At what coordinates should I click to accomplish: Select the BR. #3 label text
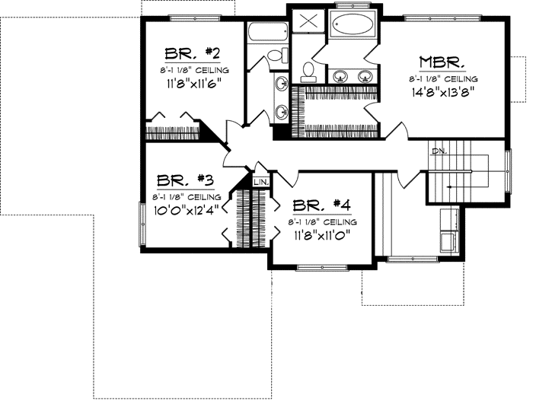tap(185, 181)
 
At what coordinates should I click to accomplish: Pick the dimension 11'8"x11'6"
tap(192, 86)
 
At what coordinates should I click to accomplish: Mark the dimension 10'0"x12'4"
tap(185, 211)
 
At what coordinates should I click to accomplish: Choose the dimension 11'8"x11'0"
tap(322, 235)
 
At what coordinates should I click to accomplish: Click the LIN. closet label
tap(261, 183)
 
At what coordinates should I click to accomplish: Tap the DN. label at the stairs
tap(439, 151)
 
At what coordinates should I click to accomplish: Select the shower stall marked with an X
tap(308, 21)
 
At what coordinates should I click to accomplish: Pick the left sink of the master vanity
tap(341, 75)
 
